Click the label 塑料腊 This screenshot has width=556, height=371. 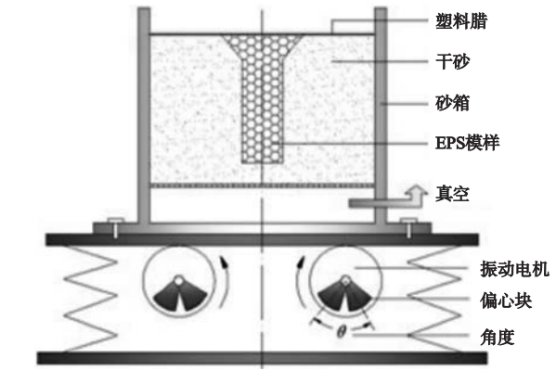[x=461, y=21]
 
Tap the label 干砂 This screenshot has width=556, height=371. [x=452, y=61]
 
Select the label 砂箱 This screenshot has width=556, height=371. [x=452, y=103]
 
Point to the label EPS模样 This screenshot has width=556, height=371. [x=467, y=143]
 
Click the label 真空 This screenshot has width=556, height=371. [x=452, y=194]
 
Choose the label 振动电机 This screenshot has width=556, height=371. [x=514, y=269]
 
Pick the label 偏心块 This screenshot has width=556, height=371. [x=506, y=301]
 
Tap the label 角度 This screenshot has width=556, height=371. [x=498, y=337]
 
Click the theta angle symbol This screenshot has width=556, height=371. [x=341, y=332]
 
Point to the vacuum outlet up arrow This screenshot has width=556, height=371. [x=416, y=195]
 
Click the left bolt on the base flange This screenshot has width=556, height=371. [x=116, y=227]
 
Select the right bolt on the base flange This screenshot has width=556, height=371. [x=408, y=227]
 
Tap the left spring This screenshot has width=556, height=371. [x=90, y=300]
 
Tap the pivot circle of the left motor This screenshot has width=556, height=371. [x=179, y=280]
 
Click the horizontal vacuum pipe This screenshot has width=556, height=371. [x=381, y=203]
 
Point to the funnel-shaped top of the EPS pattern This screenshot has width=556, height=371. [x=263, y=45]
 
